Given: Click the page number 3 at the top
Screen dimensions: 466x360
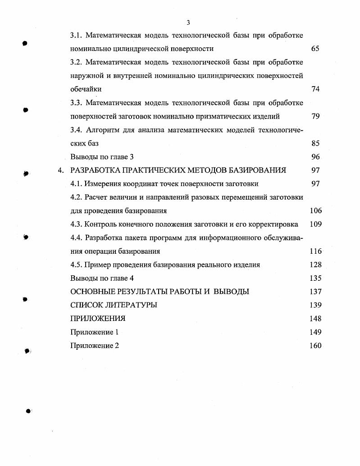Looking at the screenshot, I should (x=188, y=23).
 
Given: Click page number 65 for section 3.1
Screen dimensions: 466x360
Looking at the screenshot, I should (x=315, y=49).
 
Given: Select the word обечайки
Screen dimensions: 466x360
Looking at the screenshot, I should (x=86, y=89).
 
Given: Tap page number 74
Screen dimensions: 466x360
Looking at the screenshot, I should (x=315, y=89).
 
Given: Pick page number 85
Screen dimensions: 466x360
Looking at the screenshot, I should (x=315, y=143).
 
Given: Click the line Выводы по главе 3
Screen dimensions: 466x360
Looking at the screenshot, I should (x=102, y=157).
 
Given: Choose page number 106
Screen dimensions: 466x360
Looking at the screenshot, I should (x=315, y=210).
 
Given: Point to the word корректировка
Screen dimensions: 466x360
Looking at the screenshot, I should (x=274, y=224).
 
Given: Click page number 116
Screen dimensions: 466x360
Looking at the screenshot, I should (x=315, y=251).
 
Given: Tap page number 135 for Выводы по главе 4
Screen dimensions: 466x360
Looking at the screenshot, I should (x=315, y=278).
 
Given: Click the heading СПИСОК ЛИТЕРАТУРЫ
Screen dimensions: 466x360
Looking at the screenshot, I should (x=114, y=305).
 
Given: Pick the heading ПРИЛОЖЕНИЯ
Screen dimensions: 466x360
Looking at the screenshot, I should (x=98, y=319).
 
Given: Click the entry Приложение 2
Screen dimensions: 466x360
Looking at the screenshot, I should (x=95, y=346).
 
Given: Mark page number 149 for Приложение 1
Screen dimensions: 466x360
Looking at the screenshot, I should (x=315, y=332).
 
